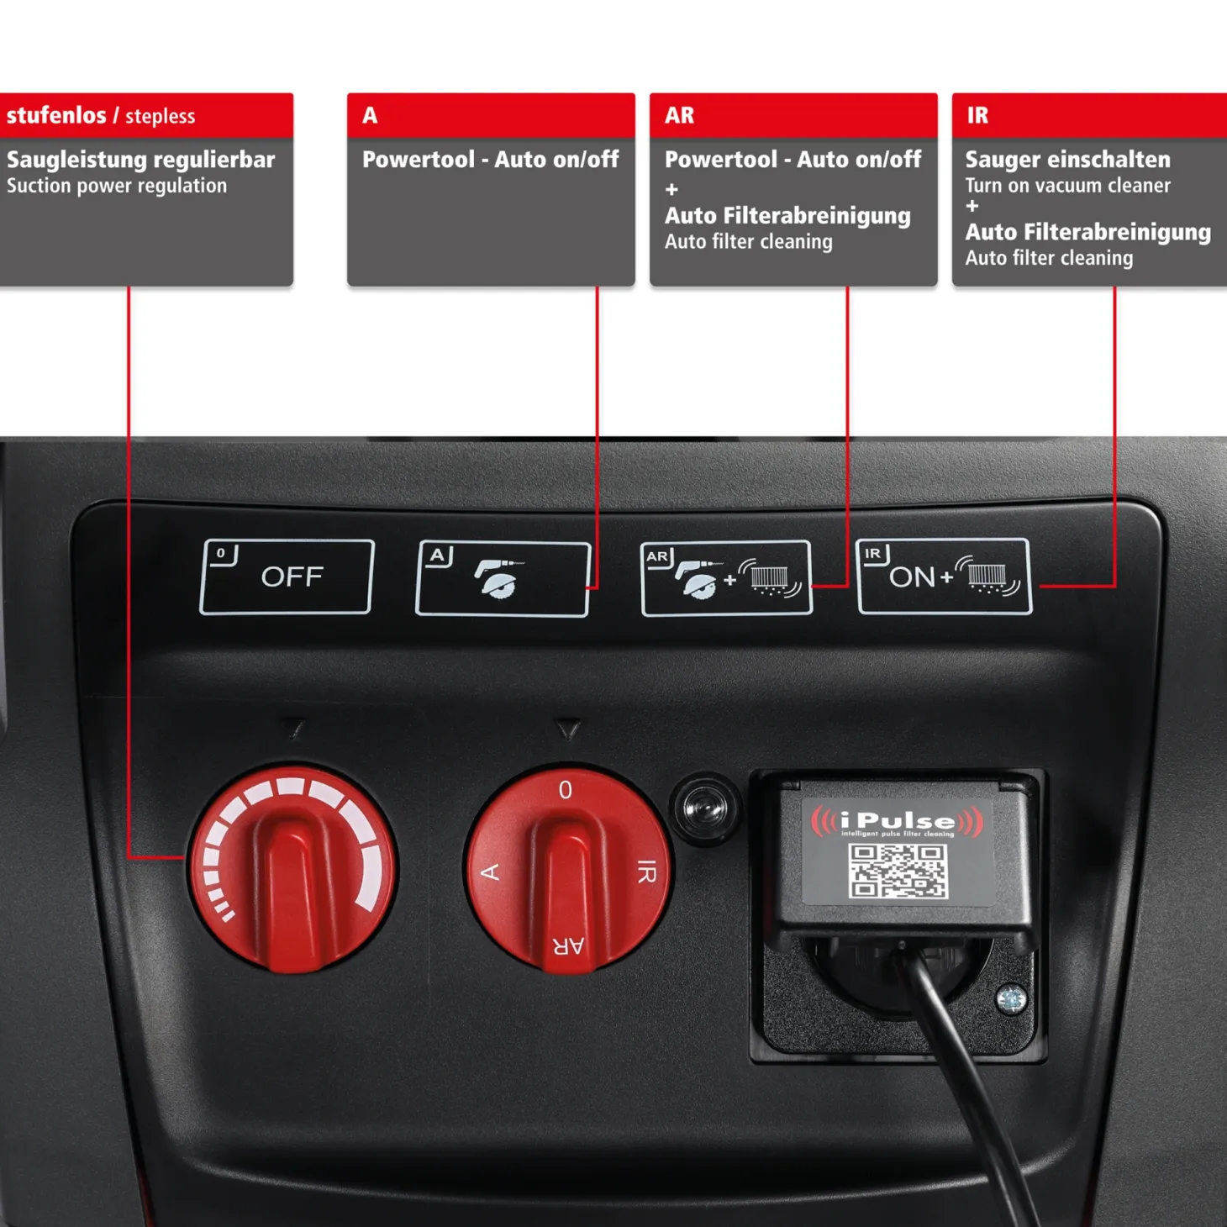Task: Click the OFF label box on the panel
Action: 287,577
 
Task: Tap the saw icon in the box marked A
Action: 498,579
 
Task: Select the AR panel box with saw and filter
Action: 726,578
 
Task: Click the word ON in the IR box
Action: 912,577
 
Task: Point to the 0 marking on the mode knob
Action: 565,790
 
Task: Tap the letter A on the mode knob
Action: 490,872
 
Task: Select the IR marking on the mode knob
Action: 646,872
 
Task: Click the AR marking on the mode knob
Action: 568,946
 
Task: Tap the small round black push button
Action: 705,809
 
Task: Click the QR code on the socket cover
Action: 898,871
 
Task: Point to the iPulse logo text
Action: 898,821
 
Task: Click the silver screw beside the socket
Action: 1010,998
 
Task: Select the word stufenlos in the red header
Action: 56,115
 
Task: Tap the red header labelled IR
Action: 1089,115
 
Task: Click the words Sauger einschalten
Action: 1068,159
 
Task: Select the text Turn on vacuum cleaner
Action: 1068,185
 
